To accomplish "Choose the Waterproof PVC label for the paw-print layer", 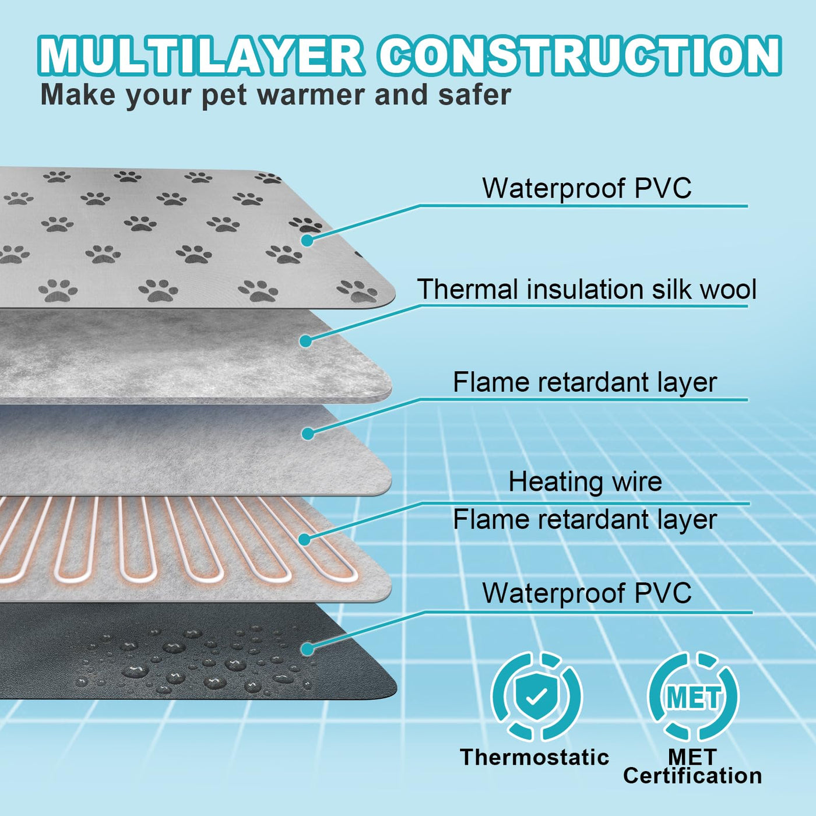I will [x=586, y=188].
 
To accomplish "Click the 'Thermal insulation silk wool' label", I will [x=586, y=290].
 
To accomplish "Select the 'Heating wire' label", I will [x=585, y=482].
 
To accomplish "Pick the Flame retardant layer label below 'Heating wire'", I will [x=585, y=519].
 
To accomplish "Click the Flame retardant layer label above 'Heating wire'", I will [x=585, y=383].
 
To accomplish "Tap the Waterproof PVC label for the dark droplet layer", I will [x=586, y=593].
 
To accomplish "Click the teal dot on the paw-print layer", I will [x=307, y=240].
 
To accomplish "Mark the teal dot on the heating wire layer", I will [x=305, y=539].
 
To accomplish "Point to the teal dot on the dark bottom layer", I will [x=307, y=649].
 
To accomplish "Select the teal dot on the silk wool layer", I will [x=305, y=341].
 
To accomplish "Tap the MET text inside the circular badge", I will [x=694, y=697].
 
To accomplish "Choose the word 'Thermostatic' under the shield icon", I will [x=534, y=757].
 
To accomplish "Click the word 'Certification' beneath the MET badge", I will [x=692, y=776].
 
